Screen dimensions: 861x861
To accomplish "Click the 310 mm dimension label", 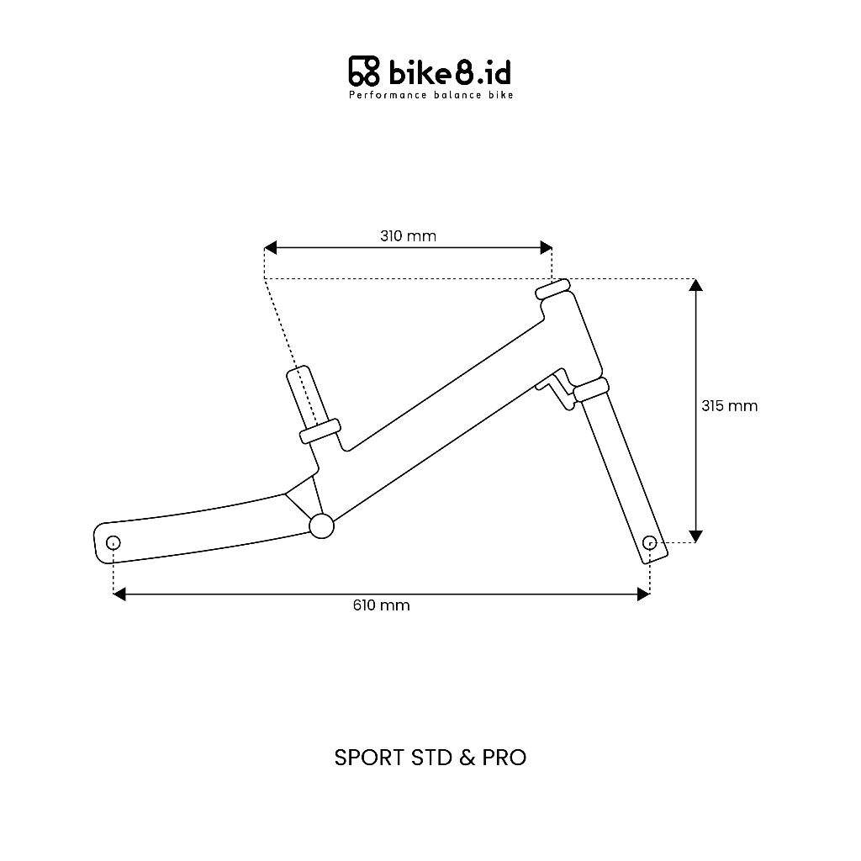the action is pyautogui.click(x=408, y=236).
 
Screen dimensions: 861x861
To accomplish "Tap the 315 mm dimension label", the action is pyautogui.click(x=729, y=406).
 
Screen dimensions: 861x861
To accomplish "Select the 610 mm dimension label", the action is pyautogui.click(x=381, y=605).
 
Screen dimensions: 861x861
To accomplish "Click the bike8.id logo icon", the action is pyautogui.click(x=364, y=71).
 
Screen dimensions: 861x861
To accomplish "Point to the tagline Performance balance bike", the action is pyautogui.click(x=431, y=95).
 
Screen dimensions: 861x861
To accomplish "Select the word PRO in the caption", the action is pyautogui.click(x=504, y=758).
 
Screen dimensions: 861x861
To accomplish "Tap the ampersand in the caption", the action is pyautogui.click(x=467, y=758).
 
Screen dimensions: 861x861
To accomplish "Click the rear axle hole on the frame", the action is pyautogui.click(x=114, y=543).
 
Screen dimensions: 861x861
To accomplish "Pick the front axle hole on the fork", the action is pyautogui.click(x=650, y=543).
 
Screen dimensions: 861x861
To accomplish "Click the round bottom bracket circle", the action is pyautogui.click(x=322, y=526).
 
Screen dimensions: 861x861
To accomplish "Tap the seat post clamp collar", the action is pyautogui.click(x=320, y=431).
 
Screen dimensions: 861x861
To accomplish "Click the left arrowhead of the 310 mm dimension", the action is pyautogui.click(x=270, y=248).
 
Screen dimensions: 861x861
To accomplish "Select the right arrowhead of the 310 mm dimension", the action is pyautogui.click(x=546, y=248).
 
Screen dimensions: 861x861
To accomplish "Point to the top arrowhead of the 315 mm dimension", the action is pyautogui.click(x=695, y=284).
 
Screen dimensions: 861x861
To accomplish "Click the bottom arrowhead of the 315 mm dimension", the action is pyautogui.click(x=695, y=536).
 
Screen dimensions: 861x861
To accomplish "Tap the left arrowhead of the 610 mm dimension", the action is pyautogui.click(x=119, y=594).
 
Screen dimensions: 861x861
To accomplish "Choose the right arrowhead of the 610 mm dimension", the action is pyautogui.click(x=643, y=594).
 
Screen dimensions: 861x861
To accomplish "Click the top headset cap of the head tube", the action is pyautogui.click(x=553, y=289).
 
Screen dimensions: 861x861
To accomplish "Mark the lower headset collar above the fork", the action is pyautogui.click(x=591, y=390).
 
